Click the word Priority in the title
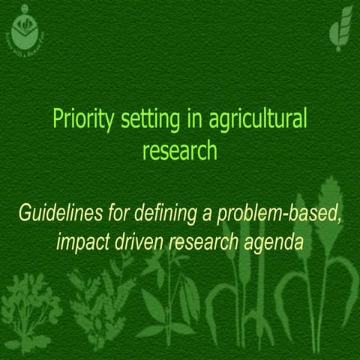point(78,119)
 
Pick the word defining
point(165,214)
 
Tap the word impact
point(81,244)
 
